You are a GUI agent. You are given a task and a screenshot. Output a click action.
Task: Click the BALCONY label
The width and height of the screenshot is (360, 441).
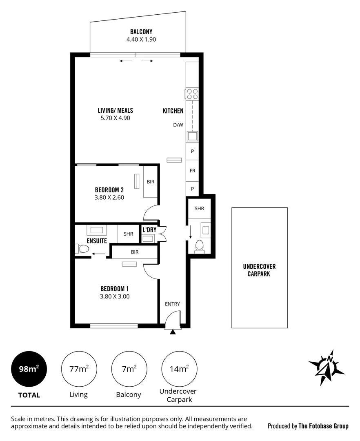coord(141,32)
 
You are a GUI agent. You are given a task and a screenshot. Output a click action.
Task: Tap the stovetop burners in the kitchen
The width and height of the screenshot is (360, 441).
coord(192,94)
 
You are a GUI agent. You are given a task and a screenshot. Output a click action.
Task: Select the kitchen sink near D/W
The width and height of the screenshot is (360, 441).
coord(192,136)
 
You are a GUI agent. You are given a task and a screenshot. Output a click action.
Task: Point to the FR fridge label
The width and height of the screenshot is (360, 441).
coord(192,171)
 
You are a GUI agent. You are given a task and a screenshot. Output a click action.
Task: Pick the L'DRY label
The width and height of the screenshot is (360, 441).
coord(149,230)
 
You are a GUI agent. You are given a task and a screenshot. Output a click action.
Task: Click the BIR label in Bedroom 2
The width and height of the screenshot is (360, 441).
coord(151,181)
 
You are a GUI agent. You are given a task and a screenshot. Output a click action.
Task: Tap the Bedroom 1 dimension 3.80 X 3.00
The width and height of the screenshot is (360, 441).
coord(115,297)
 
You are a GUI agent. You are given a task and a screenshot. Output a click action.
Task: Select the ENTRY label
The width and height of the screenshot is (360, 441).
coord(172,304)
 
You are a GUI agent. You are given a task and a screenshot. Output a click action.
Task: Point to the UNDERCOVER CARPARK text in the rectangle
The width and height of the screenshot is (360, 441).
coord(259,270)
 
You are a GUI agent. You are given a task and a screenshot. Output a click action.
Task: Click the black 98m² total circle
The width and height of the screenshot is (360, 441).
coord(29,369)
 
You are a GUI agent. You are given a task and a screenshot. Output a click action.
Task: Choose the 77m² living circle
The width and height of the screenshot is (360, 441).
coord(79,369)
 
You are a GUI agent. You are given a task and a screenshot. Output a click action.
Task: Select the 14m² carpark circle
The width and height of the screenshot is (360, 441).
coord(179,369)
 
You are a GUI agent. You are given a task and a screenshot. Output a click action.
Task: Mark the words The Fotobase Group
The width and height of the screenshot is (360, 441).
coord(324,426)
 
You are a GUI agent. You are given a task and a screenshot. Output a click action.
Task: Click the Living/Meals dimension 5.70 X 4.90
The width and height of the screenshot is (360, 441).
coord(115,118)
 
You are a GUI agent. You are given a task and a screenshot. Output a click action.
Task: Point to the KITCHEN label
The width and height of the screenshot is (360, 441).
coord(173,111)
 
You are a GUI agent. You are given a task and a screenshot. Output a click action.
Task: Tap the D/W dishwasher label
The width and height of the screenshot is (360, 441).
coord(178,125)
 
